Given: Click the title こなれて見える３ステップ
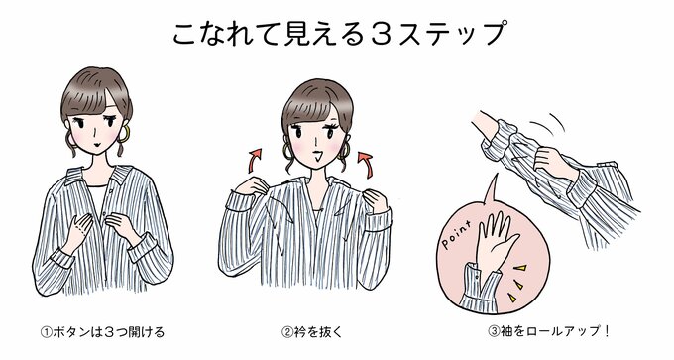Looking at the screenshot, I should point(337,32).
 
